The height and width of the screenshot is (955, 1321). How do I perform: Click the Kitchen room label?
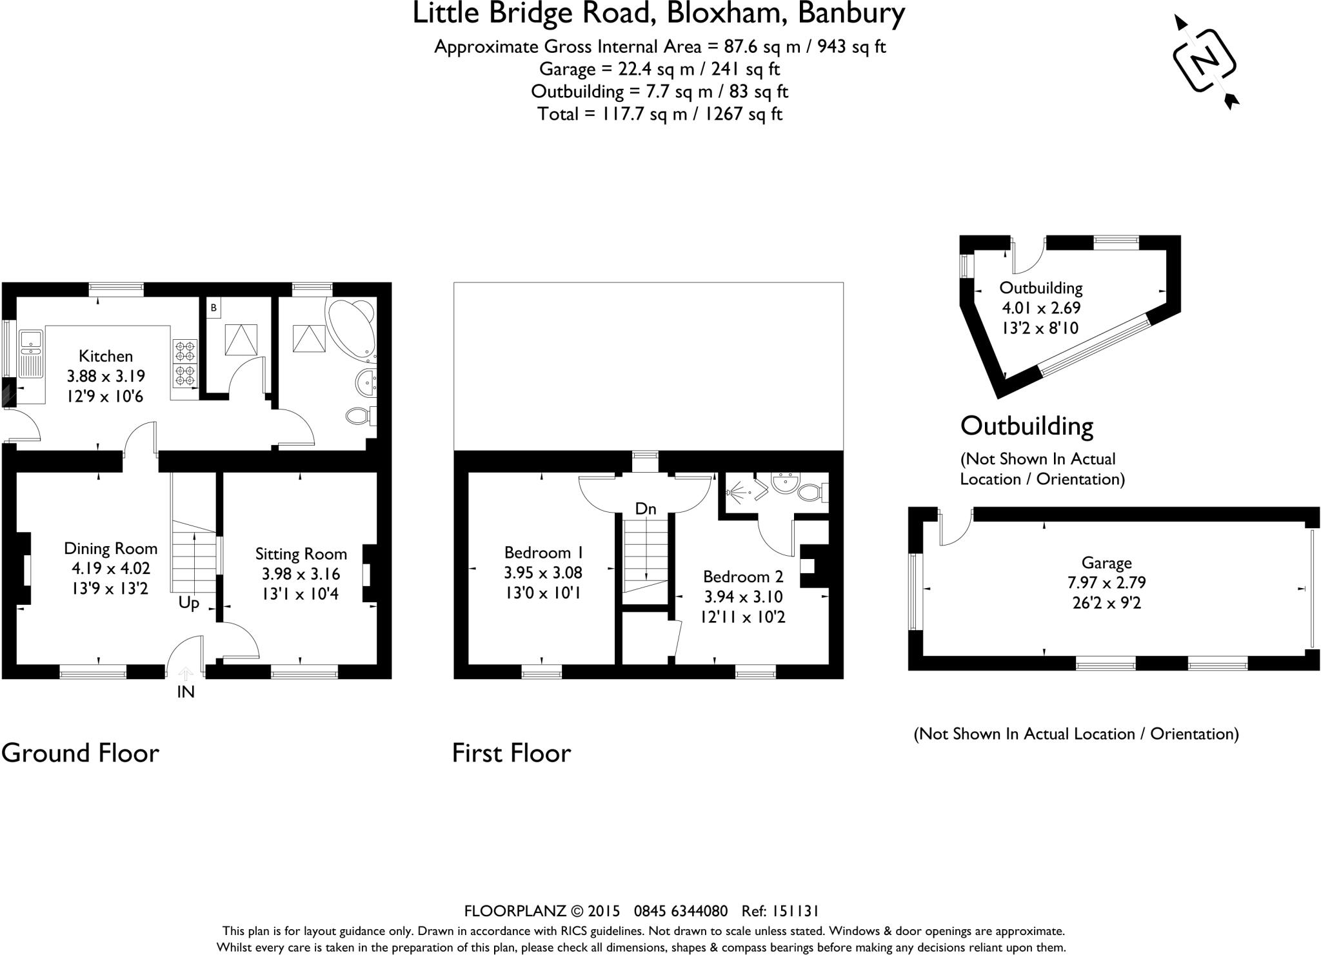106,356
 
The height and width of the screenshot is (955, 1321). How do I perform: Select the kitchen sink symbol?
30,355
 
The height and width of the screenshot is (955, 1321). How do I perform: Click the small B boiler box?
214,308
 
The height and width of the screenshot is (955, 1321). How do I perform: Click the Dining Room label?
110,549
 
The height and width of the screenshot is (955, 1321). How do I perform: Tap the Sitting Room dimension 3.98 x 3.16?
301,574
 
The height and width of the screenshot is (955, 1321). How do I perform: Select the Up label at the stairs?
188,603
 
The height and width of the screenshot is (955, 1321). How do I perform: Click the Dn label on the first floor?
645,509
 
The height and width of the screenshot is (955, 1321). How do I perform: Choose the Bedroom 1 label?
544,553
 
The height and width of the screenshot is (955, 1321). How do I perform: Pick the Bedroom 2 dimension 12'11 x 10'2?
743,617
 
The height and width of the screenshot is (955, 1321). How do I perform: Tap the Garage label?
1106,563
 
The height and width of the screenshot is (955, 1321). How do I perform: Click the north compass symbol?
1204,61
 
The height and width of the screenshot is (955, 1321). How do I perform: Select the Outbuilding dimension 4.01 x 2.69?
1040,308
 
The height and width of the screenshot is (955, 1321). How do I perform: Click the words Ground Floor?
80,753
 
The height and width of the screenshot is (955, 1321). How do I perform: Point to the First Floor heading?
511,753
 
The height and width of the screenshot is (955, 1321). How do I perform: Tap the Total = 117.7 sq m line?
659,114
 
